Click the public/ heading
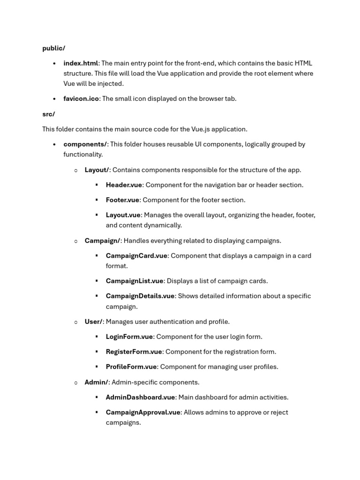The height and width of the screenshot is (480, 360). [53, 48]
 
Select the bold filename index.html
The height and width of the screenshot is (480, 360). [81, 63]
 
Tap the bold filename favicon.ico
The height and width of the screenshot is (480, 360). [81, 99]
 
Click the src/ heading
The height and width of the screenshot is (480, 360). [48, 114]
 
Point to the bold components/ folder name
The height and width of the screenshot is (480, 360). [85, 144]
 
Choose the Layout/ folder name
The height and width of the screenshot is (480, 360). [97, 170]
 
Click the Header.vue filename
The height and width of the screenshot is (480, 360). [124, 185]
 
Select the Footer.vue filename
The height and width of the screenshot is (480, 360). [122, 200]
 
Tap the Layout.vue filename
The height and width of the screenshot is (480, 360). [123, 215]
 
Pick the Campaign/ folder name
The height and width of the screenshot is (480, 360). [102, 241]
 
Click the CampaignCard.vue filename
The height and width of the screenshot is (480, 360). [136, 256]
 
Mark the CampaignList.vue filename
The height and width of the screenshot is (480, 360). [135, 281]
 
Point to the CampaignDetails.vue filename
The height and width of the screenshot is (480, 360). [140, 296]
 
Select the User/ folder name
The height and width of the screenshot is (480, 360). [93, 322]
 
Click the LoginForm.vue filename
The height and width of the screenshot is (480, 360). [129, 337]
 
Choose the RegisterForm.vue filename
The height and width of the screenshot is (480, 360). [134, 352]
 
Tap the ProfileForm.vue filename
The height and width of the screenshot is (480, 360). [131, 367]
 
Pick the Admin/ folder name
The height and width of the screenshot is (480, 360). [96, 382]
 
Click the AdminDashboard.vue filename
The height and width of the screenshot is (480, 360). [140, 397]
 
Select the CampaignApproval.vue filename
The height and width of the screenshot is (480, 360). [143, 412]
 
